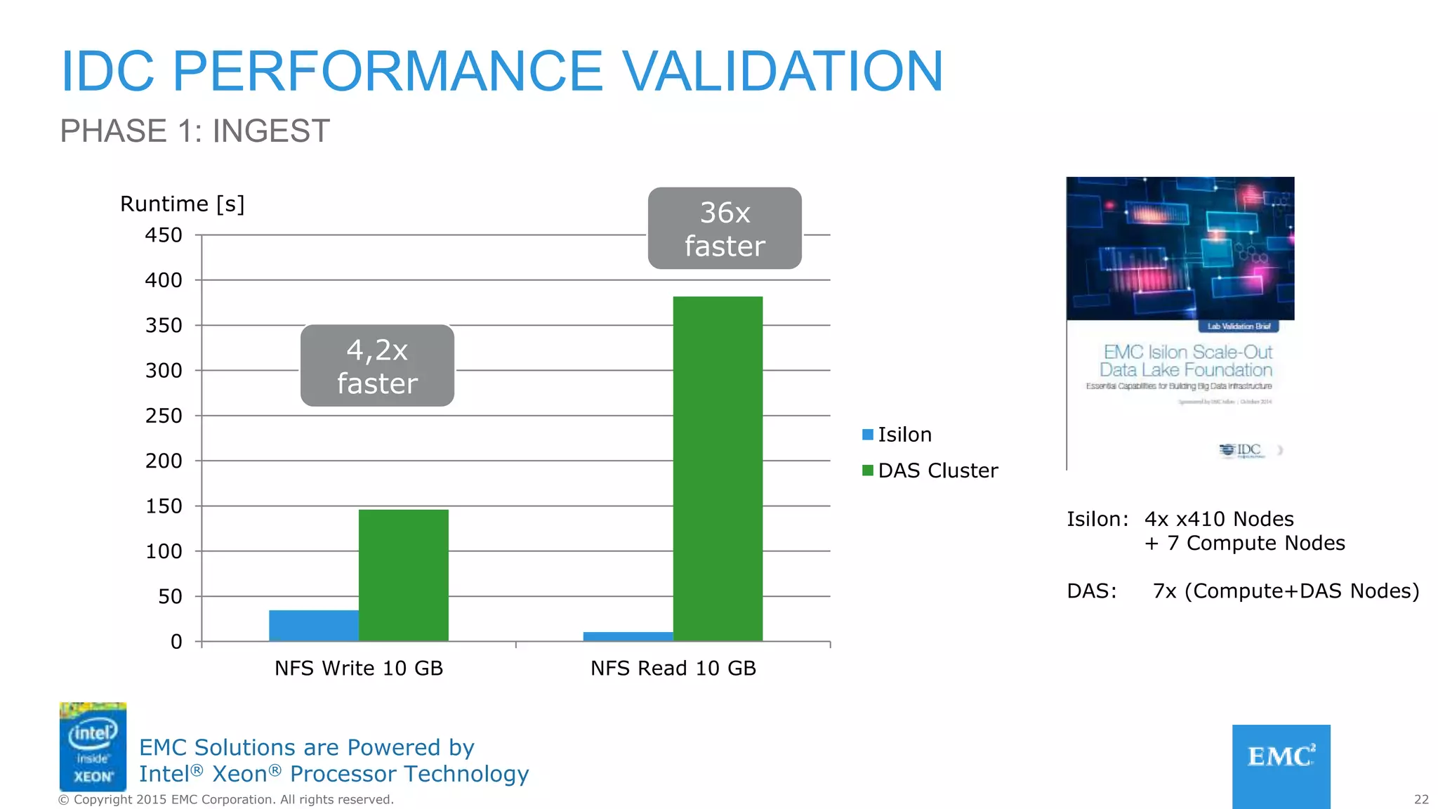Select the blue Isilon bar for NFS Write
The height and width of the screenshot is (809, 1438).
313,625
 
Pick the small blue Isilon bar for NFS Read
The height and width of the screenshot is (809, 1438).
628,636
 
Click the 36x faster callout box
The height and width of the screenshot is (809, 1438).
724,228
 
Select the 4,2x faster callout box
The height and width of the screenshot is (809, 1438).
377,365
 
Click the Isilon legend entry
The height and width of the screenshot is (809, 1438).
897,435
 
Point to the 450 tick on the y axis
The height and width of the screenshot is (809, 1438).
164,235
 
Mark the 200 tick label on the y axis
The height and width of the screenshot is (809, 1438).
164,461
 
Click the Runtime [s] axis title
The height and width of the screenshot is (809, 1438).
182,204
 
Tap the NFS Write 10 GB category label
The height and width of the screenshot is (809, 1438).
358,668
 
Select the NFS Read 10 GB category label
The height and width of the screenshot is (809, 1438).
673,668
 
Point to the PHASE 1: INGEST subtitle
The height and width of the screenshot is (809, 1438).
194,131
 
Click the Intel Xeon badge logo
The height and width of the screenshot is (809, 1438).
93,746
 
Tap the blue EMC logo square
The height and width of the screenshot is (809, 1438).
1281,765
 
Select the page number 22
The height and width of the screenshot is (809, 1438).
1421,799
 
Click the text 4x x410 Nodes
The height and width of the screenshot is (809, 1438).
1219,519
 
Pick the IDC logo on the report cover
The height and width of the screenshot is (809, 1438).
1241,450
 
